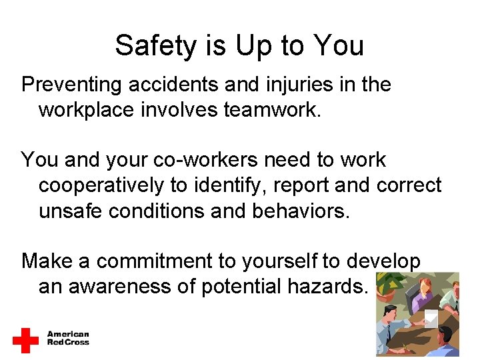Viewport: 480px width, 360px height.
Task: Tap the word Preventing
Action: [71, 85]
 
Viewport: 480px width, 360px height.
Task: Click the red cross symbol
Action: [25, 340]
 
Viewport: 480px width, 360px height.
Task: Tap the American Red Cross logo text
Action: [67, 339]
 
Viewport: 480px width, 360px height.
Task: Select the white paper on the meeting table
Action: [431, 319]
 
